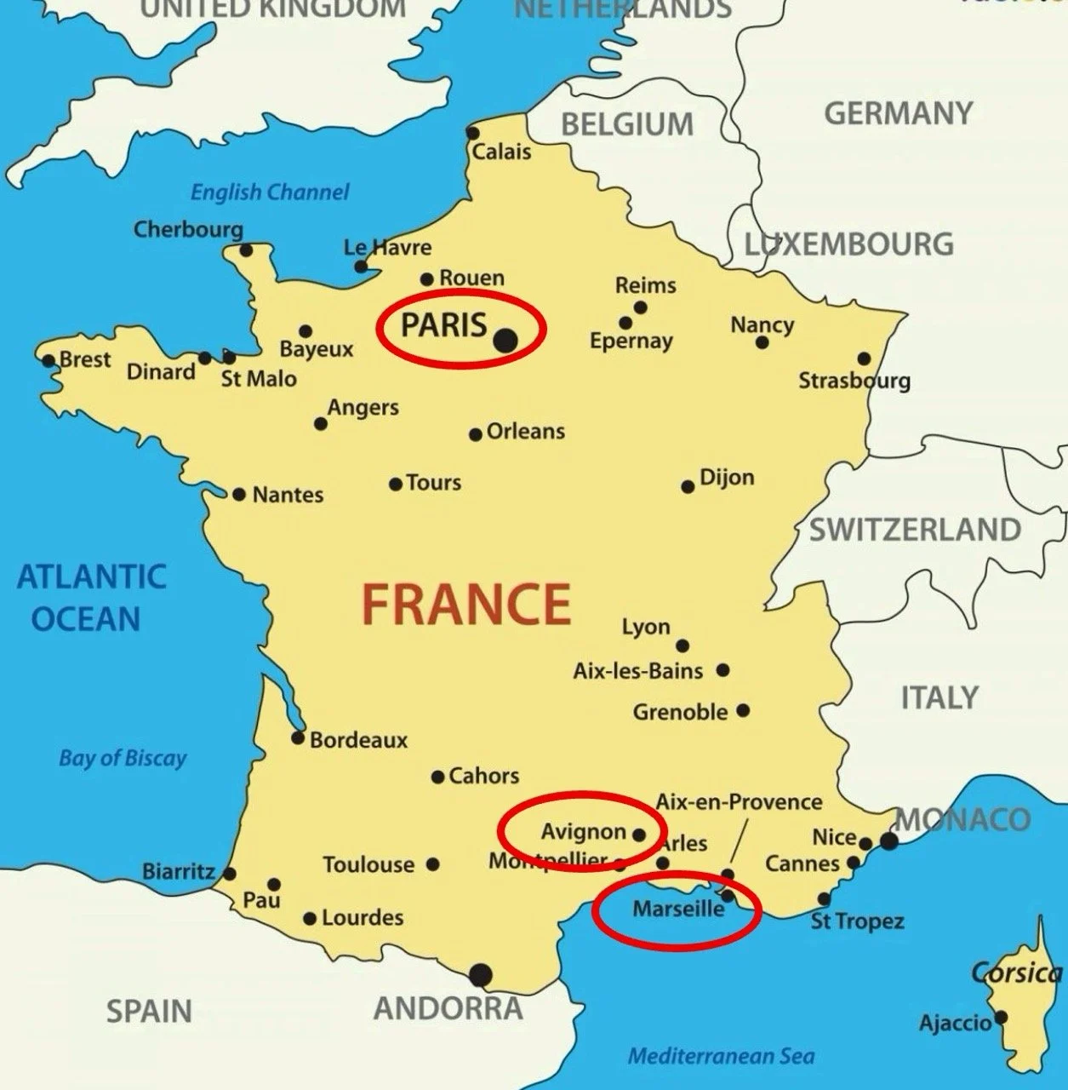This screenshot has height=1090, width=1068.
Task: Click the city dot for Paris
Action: (505, 340)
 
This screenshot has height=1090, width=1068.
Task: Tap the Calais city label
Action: (501, 152)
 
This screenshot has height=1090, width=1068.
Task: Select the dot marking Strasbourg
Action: (864, 359)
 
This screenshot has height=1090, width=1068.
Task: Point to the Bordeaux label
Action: (358, 740)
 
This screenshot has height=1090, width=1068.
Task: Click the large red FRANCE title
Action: (465, 603)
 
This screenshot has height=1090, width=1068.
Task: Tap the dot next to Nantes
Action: (239, 495)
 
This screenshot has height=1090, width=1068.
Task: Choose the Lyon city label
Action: (646, 628)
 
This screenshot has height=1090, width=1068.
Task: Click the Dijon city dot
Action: (688, 486)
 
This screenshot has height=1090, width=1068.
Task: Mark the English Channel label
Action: (270, 192)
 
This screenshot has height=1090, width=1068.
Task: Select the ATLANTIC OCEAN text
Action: (90, 597)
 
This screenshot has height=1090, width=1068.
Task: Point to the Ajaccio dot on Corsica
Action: (1001, 1017)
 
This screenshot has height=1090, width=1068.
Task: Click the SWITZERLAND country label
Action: (915, 530)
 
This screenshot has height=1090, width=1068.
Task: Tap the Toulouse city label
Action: (368, 865)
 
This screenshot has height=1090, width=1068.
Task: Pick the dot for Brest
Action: (49, 360)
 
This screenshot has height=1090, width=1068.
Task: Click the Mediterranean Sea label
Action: (721, 1057)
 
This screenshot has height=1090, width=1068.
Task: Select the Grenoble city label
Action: (680, 712)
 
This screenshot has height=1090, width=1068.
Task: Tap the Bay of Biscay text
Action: (123, 758)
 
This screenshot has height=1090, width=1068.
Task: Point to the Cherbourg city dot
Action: (246, 250)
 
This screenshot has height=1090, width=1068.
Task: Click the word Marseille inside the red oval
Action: (678, 909)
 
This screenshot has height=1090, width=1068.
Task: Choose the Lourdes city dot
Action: (310, 919)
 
